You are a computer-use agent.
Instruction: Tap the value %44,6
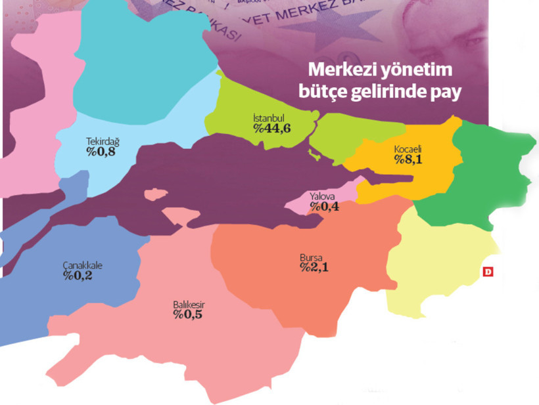272,128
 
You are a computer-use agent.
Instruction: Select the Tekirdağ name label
103,141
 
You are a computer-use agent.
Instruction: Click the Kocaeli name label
408,149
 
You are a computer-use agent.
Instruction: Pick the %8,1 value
409,160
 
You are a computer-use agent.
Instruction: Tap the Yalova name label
322,196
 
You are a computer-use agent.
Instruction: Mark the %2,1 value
314,268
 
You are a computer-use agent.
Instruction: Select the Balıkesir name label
187,304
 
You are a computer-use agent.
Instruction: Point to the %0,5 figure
187,315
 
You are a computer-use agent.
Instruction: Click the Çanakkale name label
83,266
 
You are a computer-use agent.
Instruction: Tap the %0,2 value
78,276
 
